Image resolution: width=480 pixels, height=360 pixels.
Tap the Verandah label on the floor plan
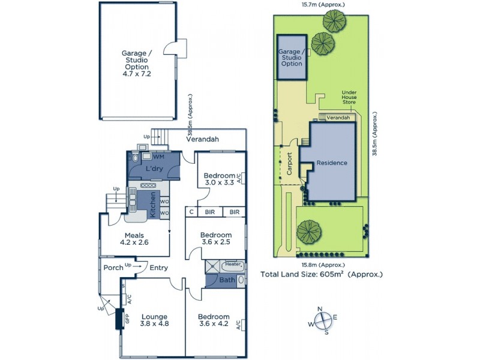pyautogui.click(x=202, y=139)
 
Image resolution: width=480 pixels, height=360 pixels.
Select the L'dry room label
pyautogui.click(x=155, y=170)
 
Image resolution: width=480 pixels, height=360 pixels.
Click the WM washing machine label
pyautogui.click(x=158, y=156)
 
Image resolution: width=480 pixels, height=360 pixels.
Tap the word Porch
pyautogui.click(x=113, y=268)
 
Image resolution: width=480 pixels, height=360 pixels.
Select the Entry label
pyautogui.click(x=158, y=268)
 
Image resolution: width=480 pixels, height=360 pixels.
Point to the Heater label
pyautogui.click(x=233, y=264)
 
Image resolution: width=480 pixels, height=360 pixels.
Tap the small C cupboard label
pyautogui.click(x=191, y=212)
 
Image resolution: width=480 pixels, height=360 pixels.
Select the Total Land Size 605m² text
pyautogui.click(x=321, y=275)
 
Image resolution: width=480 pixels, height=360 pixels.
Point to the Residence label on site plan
pyautogui.click(x=332, y=163)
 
